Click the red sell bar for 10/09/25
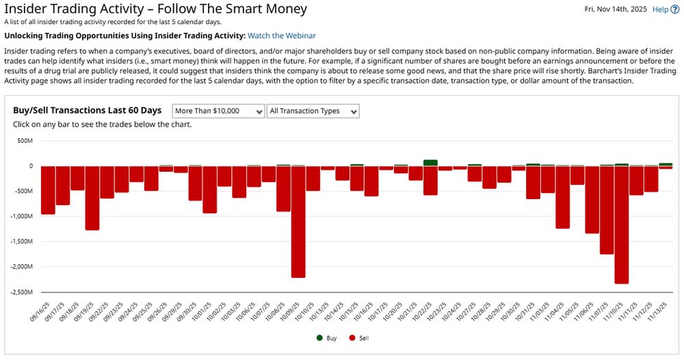click(x=298, y=221)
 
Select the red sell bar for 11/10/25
click(x=622, y=224)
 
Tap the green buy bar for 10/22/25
click(x=430, y=163)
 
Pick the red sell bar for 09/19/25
click(x=92, y=198)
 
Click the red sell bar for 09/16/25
click(x=48, y=190)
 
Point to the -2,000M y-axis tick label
click(x=21, y=267)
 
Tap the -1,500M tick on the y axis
click(x=21, y=242)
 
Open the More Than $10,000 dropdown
click(x=218, y=111)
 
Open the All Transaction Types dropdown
click(x=313, y=111)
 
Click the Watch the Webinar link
click(x=282, y=36)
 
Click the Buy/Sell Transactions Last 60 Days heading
click(x=87, y=111)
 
